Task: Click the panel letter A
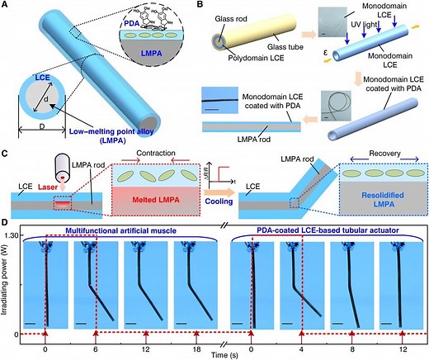click(x=5, y=6)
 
